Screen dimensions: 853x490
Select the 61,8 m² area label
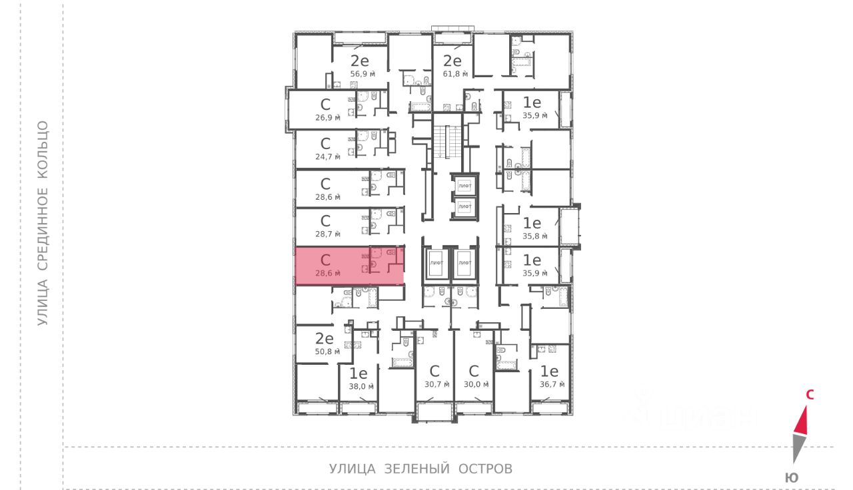[456, 74]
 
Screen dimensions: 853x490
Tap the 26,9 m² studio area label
[328, 117]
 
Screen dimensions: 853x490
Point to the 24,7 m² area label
[328, 157]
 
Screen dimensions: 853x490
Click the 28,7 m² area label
[328, 234]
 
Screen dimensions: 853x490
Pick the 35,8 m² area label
[534, 236]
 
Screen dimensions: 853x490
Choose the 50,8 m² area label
[328, 351]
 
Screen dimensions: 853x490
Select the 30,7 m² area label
[437, 384]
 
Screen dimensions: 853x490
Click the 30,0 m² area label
[476, 384]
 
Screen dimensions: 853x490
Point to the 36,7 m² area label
[552, 384]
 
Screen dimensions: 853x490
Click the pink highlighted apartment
[333, 266]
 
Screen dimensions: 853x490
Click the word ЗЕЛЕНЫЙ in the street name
[416, 469]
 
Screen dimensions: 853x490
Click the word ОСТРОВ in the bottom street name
[485, 469]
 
